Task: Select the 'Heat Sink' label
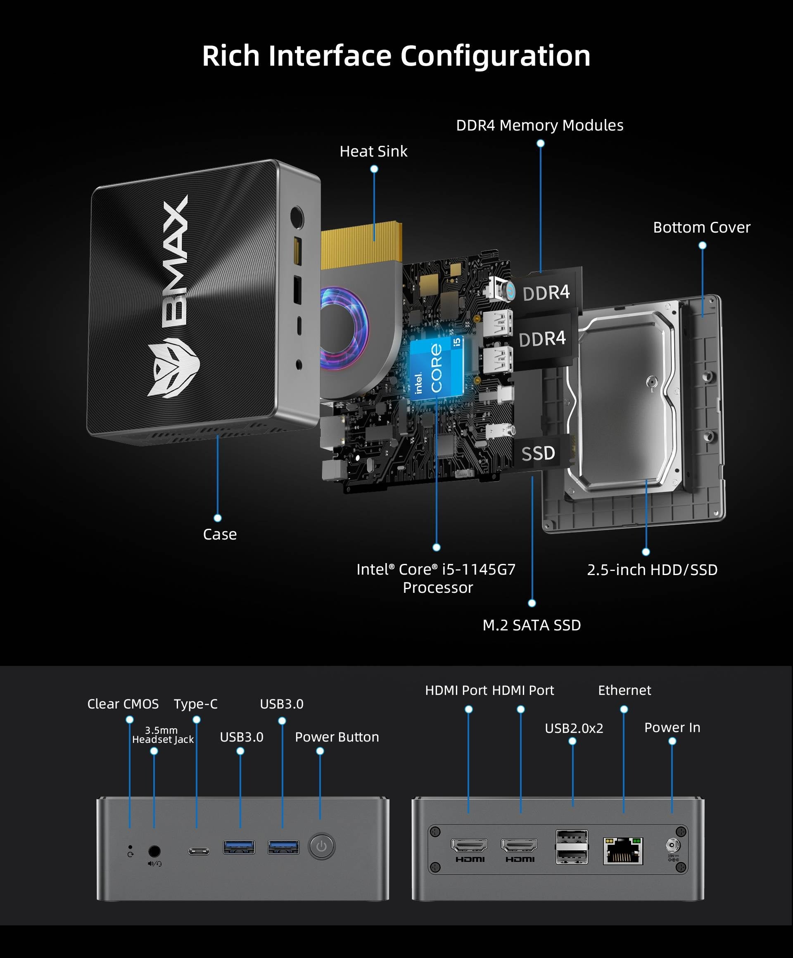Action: pyautogui.click(x=373, y=152)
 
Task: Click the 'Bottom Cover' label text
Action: pyautogui.click(x=701, y=227)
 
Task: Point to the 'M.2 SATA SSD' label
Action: pyautogui.click(x=532, y=625)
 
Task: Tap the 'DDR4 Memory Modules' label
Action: pyautogui.click(x=539, y=126)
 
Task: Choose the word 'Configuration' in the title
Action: pyautogui.click(x=495, y=56)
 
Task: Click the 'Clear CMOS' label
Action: pyautogui.click(x=123, y=704)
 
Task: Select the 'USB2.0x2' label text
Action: pyautogui.click(x=574, y=728)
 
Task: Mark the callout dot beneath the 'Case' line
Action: pyautogui.click(x=218, y=518)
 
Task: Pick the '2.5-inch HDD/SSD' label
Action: pyautogui.click(x=652, y=570)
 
